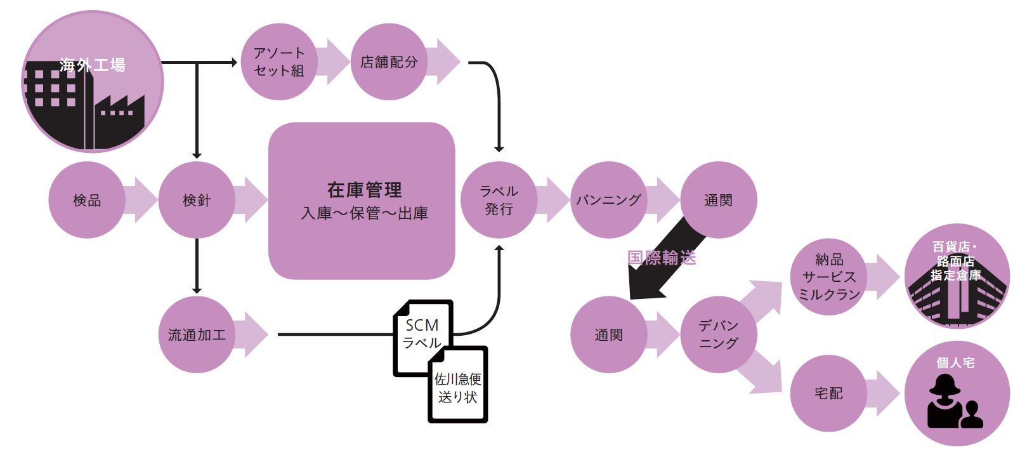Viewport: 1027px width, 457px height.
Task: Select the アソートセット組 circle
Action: tap(279, 62)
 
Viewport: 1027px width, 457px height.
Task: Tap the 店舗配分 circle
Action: tap(389, 62)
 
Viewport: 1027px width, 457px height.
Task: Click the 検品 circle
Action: tap(87, 200)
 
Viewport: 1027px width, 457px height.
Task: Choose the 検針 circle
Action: tap(197, 200)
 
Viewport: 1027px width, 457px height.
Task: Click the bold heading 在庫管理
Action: tap(364, 190)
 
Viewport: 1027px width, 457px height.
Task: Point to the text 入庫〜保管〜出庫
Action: tap(364, 213)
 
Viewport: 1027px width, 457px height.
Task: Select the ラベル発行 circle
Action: tap(499, 200)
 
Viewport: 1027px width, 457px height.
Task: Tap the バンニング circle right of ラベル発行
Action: tap(608, 200)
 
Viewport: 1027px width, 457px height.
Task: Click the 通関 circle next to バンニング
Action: tap(718, 200)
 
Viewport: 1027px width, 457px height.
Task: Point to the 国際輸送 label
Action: tap(662, 258)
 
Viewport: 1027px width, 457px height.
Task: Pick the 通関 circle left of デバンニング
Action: tap(608, 334)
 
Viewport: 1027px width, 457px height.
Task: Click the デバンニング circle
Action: tap(718, 334)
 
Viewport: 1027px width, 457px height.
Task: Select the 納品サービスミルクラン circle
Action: tap(828, 277)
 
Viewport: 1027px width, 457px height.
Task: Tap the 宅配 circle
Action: tap(828, 394)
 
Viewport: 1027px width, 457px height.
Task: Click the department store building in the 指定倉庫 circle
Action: tap(957, 298)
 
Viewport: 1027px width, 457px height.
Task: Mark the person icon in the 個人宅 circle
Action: tap(952, 403)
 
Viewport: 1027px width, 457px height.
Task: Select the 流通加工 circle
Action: tap(197, 334)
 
